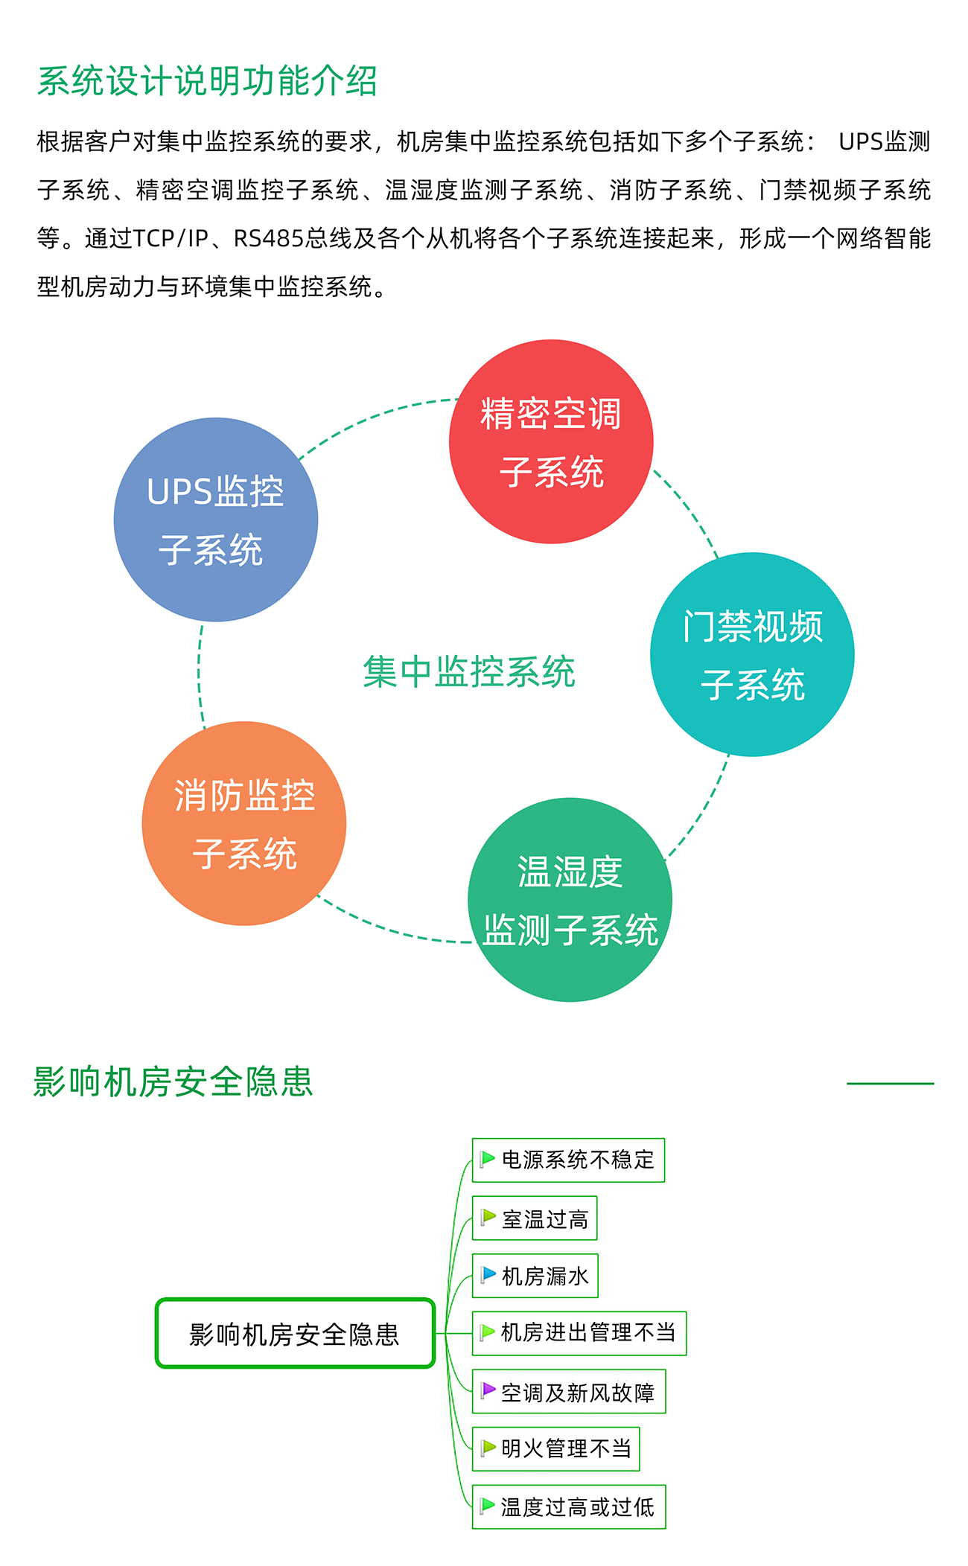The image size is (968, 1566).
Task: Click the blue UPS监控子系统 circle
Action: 216,520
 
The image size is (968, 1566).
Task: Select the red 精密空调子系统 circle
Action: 551,441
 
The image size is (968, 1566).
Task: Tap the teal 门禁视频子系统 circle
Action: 752,654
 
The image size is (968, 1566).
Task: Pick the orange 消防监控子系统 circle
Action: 244,823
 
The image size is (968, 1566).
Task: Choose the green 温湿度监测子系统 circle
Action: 570,900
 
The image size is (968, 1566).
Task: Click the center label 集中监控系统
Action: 469,672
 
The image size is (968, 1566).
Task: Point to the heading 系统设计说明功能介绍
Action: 207,81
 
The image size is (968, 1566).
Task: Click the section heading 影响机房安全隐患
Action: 173,1081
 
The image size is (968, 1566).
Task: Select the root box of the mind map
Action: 295,1333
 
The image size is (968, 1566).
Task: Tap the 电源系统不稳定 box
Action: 568,1160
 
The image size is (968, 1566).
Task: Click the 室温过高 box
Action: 535,1218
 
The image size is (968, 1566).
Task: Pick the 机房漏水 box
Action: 535,1276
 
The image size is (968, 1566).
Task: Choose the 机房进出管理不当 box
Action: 579,1333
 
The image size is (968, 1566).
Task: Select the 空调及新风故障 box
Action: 569,1391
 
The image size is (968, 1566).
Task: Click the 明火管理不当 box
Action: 555,1448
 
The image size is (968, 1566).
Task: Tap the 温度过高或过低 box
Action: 569,1506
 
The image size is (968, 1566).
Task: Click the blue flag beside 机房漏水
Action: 488,1274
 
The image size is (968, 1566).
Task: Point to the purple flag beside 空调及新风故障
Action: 488,1390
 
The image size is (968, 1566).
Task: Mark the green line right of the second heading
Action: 890,1084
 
